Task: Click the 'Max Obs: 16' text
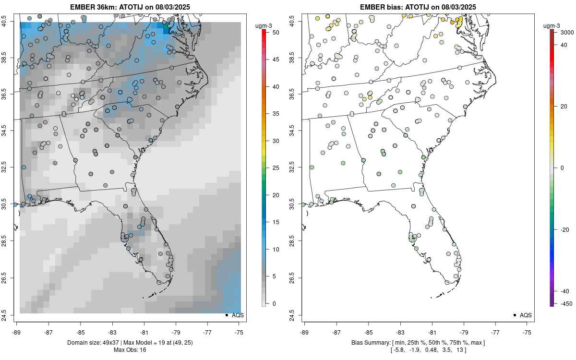[x=130, y=349]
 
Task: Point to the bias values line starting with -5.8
[x=418, y=349]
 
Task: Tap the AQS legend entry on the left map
[x=235, y=315]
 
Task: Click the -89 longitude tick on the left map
[x=16, y=331]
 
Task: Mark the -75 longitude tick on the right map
[x=527, y=331]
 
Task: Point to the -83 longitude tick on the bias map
[x=400, y=331]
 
